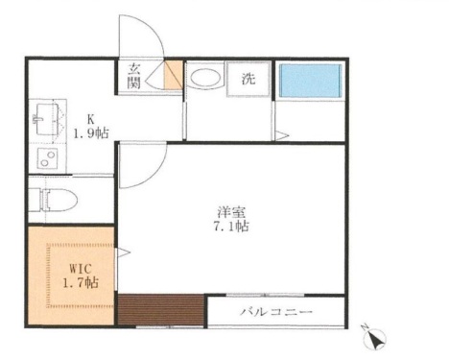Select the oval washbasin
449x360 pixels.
(x=202, y=79)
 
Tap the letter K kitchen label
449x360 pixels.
(x=91, y=120)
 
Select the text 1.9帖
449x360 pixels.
(x=91, y=134)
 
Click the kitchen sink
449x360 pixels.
(x=44, y=120)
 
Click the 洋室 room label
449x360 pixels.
(x=228, y=212)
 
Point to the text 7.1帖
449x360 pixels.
(x=228, y=228)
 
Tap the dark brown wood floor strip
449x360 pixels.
(x=159, y=310)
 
